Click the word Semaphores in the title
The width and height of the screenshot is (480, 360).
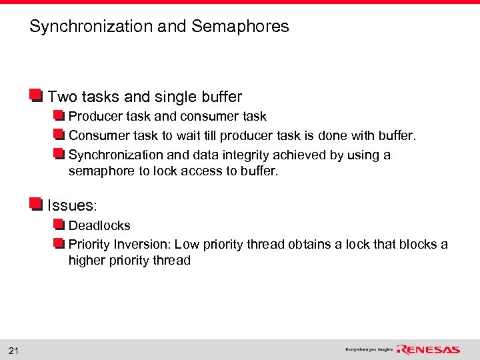point(240,27)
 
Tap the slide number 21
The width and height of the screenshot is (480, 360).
point(13,351)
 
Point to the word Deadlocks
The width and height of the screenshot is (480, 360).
point(99,225)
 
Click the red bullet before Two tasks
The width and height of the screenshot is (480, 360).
point(36,96)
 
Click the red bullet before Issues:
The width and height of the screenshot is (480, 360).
point(36,204)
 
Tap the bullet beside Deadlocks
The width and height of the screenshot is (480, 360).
point(59,225)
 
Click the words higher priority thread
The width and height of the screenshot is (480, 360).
point(129,261)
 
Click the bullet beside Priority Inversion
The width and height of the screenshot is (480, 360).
point(59,244)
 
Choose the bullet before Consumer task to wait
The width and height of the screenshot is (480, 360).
point(59,136)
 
